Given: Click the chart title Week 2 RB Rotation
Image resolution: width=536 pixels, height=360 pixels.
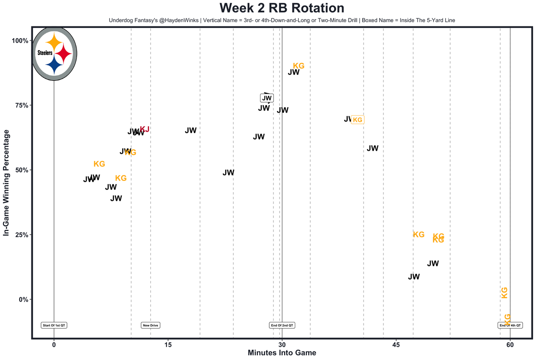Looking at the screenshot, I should pyautogui.click(x=281, y=8).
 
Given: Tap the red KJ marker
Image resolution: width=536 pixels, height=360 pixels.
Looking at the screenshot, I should pyautogui.click(x=144, y=129).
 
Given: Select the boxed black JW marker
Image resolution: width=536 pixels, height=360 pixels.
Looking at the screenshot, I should pyautogui.click(x=267, y=98).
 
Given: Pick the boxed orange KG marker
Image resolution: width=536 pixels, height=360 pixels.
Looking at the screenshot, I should pyautogui.click(x=357, y=120).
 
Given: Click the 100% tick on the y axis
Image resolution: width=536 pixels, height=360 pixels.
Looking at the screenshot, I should pyautogui.click(x=19, y=41).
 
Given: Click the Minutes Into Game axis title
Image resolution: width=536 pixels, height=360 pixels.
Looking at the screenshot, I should pyautogui.click(x=282, y=353).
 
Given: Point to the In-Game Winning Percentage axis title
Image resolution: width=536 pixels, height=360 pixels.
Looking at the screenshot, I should pyautogui.click(x=6, y=183).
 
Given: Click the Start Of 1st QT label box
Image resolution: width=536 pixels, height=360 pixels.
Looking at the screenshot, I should pyautogui.click(x=54, y=325).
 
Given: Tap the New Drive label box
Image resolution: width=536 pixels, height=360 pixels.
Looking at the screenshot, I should pyautogui.click(x=151, y=325).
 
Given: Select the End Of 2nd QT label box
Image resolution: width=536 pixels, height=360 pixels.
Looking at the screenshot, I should pyautogui.click(x=282, y=325).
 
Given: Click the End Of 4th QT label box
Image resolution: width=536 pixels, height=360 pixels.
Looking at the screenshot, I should pyautogui.click(x=510, y=325).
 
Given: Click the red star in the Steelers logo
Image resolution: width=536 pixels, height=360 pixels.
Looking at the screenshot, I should pyautogui.click(x=64, y=54).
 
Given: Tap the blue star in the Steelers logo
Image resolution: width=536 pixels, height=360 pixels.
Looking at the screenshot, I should pyautogui.click(x=54, y=64).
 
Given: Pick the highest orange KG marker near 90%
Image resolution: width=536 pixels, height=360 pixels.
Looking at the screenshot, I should pyautogui.click(x=299, y=66).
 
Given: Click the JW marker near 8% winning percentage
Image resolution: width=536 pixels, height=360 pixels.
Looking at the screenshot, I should pyautogui.click(x=414, y=277).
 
